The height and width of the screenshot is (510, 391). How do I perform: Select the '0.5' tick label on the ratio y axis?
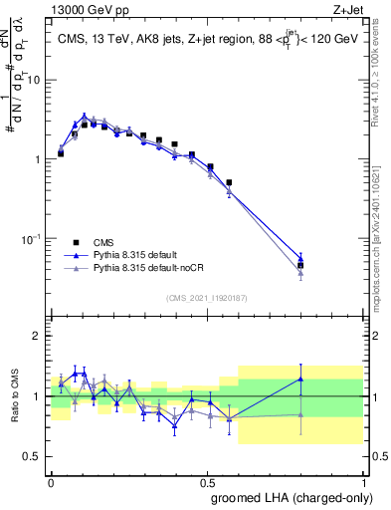click(x=33, y=457)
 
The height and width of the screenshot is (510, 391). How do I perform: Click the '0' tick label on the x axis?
click(x=52, y=481)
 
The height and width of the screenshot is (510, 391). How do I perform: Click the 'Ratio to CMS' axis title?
click(x=13, y=396)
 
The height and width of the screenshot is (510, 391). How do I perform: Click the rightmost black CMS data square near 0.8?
click(x=329, y=266)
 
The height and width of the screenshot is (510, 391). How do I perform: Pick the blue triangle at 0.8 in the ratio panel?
click(x=329, y=379)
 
